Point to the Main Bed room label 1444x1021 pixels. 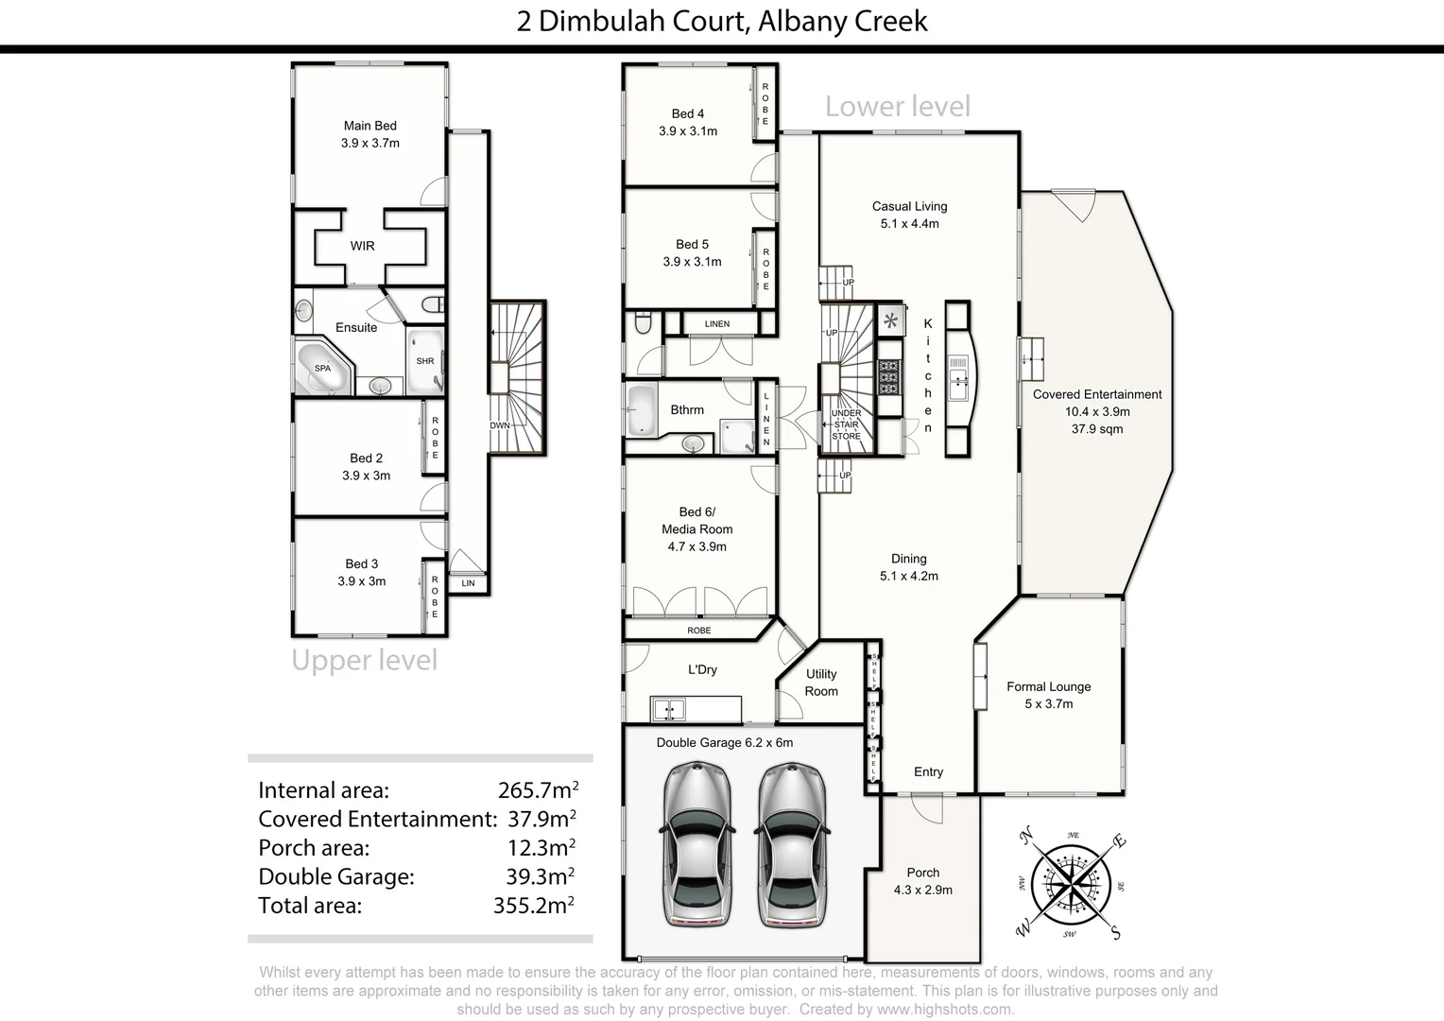pyautogui.click(x=370, y=126)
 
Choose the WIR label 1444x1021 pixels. pyautogui.click(x=362, y=246)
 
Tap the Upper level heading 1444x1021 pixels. pyautogui.click(x=364, y=660)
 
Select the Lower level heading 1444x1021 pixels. pyautogui.click(x=897, y=107)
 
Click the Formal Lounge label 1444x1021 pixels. pyautogui.click(x=1048, y=687)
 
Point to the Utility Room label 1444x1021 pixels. pyautogui.click(x=821, y=683)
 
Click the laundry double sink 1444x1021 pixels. pyautogui.click(x=669, y=708)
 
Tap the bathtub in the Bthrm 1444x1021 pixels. pyautogui.click(x=642, y=410)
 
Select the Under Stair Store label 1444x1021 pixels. pyautogui.click(x=846, y=424)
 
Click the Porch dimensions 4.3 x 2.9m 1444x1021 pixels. pyautogui.click(x=922, y=890)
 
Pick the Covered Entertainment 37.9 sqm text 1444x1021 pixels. pyautogui.click(x=1096, y=429)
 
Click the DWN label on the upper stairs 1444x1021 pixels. pyautogui.click(x=500, y=425)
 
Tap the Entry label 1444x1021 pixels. pyautogui.click(x=928, y=772)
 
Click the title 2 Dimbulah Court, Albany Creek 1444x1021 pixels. pyautogui.click(x=722, y=21)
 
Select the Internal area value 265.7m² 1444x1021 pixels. pyautogui.click(x=538, y=790)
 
